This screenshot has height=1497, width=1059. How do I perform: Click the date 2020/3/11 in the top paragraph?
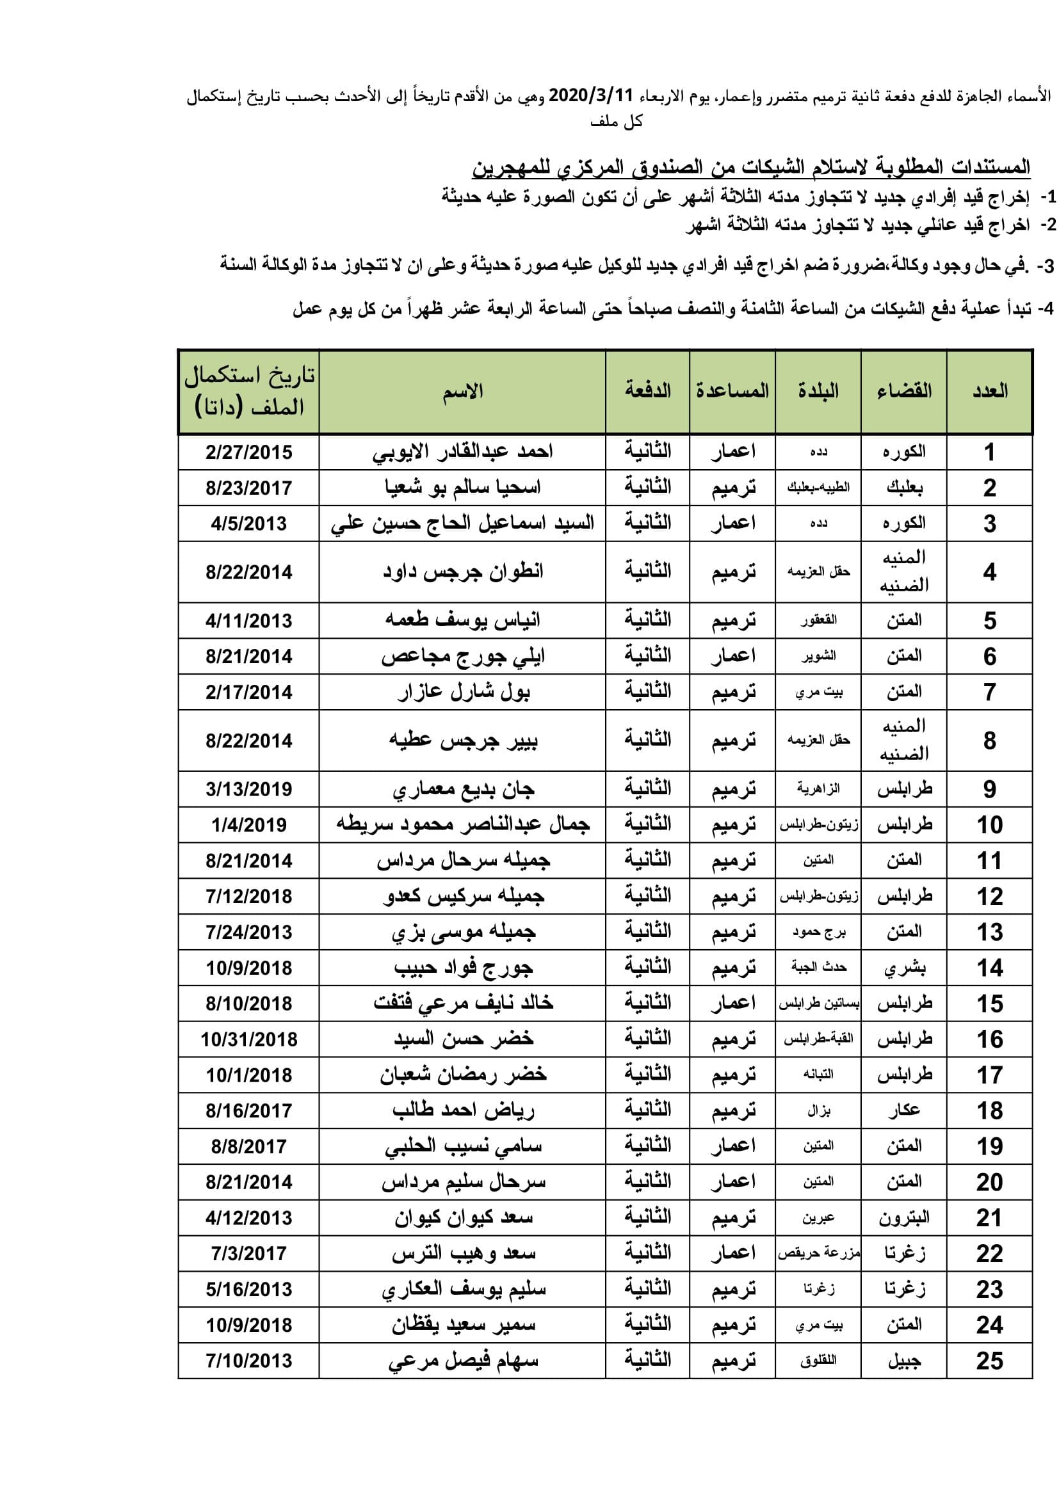tap(591, 96)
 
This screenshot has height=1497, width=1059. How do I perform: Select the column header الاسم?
tap(462, 391)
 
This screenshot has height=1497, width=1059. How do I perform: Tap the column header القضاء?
tap(904, 391)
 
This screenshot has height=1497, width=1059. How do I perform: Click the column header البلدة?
tap(818, 391)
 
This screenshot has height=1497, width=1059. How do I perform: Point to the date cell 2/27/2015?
tap(249, 452)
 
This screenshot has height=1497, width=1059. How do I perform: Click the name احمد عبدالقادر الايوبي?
tap(462, 452)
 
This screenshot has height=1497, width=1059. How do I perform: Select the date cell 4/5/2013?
tap(249, 524)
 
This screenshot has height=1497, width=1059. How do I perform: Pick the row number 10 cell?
tap(989, 825)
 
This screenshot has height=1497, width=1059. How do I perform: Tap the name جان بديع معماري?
tap(462, 790)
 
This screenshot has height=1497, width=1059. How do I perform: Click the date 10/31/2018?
tap(249, 1039)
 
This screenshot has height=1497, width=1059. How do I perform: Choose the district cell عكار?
tap(904, 1110)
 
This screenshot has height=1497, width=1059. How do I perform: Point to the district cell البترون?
tap(904, 1217)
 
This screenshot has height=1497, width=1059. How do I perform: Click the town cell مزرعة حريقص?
tap(818, 1253)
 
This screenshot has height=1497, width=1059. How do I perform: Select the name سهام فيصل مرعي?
tap(462, 1361)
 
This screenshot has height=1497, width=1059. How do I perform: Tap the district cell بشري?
tap(904, 968)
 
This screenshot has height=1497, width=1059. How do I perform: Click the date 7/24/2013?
tap(249, 933)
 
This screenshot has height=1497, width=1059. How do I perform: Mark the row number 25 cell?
tap(989, 1361)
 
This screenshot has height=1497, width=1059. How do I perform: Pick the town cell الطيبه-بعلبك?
tap(818, 488)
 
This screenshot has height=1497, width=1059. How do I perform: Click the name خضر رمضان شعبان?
tap(462, 1075)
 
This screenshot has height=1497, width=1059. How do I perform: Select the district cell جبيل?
tap(904, 1361)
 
